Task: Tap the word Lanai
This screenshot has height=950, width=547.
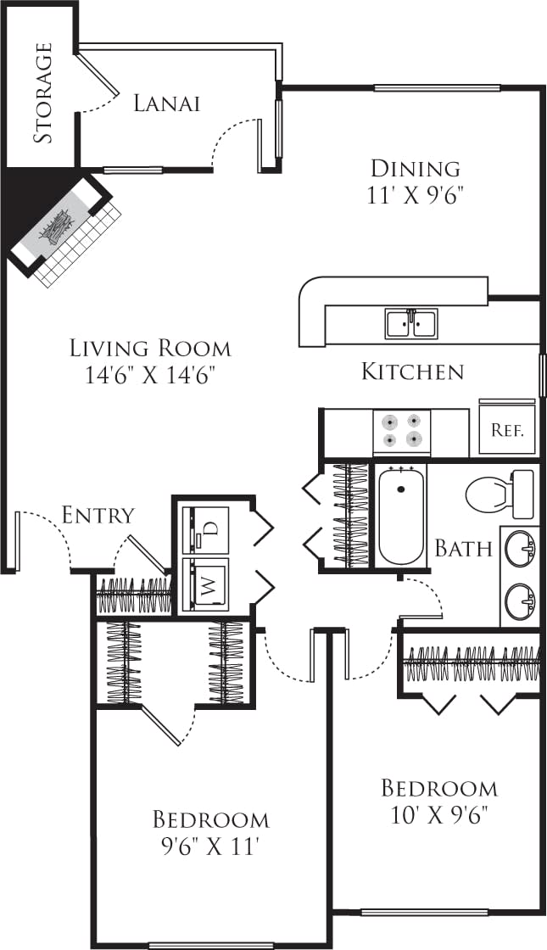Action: [167, 103]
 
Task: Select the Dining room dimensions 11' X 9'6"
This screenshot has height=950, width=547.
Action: [416, 195]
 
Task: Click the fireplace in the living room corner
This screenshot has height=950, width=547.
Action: [59, 226]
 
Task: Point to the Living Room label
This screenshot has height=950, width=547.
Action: [150, 348]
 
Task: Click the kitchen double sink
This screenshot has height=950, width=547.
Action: [410, 323]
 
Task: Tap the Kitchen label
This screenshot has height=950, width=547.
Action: [412, 371]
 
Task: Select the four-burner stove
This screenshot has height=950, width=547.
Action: [401, 431]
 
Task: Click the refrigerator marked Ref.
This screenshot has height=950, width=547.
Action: [507, 428]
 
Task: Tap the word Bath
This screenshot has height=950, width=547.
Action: [463, 548]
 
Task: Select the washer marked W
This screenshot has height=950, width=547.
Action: [206, 584]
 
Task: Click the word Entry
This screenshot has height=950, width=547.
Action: [98, 515]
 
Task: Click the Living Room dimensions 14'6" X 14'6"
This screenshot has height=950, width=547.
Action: [150, 374]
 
